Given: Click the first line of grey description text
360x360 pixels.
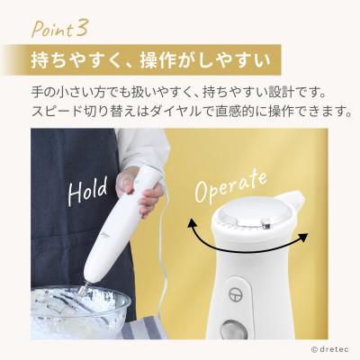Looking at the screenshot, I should click(179, 93).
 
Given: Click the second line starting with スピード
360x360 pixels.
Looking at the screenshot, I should click(179, 112).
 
